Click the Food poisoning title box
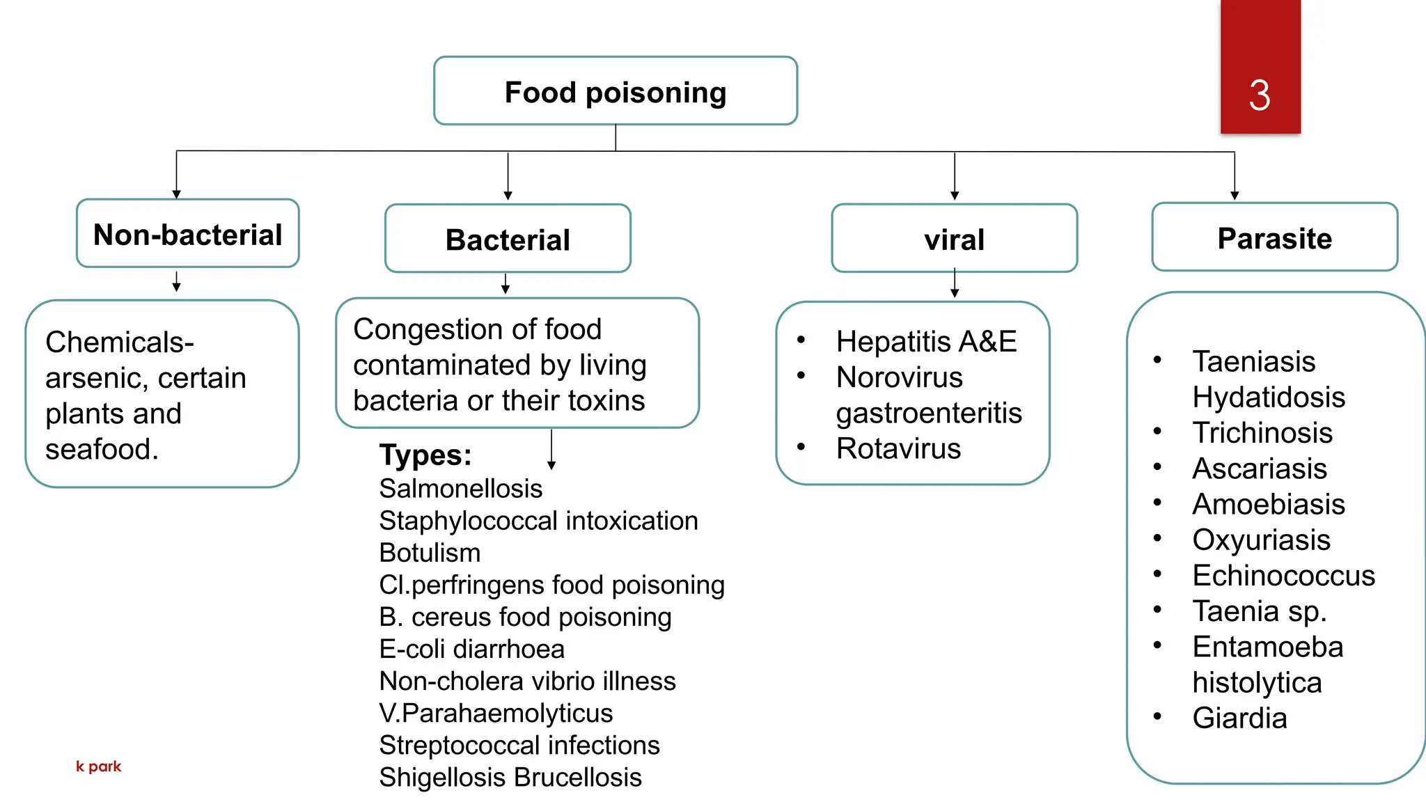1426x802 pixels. [615, 92]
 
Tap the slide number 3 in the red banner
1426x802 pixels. [1259, 95]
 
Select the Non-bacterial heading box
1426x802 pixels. [187, 235]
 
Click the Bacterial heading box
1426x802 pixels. [508, 239]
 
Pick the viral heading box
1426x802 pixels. [954, 239]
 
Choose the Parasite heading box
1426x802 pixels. [1274, 238]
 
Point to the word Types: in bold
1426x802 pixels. [425, 455]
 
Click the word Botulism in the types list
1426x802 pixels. [430, 553]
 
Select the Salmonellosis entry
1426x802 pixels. [460, 489]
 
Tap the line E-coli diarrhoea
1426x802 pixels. [471, 649]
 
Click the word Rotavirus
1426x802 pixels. [898, 448]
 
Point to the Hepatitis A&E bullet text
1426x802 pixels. [926, 342]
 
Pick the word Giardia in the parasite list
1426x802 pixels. [1239, 718]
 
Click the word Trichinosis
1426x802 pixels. [1262, 433]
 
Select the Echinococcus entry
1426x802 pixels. [1283, 576]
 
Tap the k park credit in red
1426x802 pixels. [98, 766]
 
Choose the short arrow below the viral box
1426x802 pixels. [954, 284]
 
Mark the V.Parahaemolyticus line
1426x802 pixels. [496, 713]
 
